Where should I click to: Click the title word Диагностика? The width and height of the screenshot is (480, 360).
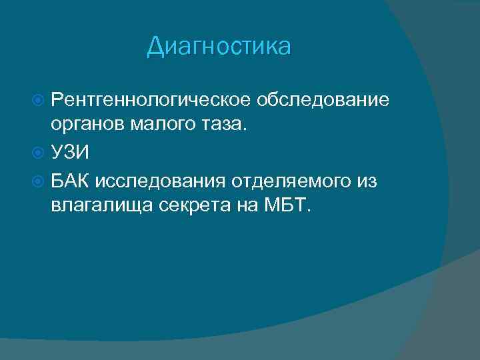click(219, 47)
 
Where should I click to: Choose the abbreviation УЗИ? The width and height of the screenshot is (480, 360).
click(69, 153)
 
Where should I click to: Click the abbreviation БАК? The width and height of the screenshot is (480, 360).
click(72, 179)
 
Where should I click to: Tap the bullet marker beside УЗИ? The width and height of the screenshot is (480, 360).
click(39, 153)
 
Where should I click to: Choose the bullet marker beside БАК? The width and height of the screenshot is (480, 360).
click(39, 179)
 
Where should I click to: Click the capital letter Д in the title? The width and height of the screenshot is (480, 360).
click(155, 47)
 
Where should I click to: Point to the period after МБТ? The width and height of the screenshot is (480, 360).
click(307, 211)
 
